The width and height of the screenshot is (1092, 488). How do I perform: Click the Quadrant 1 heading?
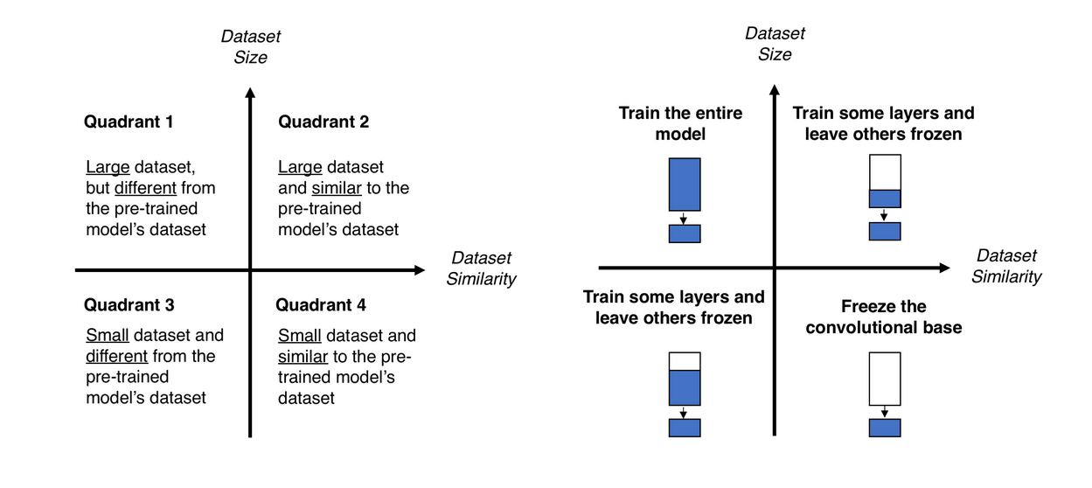coord(129,122)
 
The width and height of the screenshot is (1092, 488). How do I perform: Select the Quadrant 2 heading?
coord(323,122)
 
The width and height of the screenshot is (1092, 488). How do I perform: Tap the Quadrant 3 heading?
coord(129,305)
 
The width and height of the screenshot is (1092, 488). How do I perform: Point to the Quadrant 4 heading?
coord(321,305)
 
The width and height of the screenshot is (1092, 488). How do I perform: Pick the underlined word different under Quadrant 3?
coord(117,356)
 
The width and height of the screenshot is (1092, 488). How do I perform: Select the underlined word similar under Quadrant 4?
coord(303,356)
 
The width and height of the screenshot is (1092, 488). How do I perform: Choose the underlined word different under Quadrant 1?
coord(146,188)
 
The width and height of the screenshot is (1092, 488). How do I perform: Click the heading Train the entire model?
coord(680,123)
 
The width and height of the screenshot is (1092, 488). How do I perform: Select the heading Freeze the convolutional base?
coord(883,317)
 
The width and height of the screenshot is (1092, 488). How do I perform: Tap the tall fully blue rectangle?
coord(685,184)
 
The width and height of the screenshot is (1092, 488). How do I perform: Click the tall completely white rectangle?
coord(884,379)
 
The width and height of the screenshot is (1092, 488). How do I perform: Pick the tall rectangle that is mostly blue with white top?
coord(685,379)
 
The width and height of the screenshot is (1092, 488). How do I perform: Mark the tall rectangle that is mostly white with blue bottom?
coord(884,181)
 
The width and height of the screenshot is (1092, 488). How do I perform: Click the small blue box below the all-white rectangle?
coord(884,428)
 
